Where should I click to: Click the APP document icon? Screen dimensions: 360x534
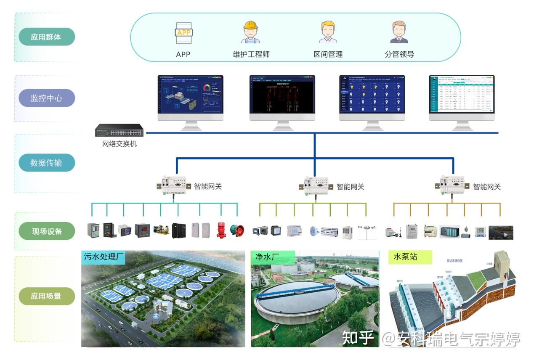[183, 33]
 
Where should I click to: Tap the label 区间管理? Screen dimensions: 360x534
[328, 54]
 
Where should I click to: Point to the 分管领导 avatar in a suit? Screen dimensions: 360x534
[399, 32]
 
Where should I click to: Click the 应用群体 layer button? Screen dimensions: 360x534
[46, 37]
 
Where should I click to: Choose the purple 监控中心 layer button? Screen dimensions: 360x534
[46, 98]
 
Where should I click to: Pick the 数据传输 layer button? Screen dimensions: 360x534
[46, 163]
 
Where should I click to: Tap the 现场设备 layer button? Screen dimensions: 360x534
[46, 231]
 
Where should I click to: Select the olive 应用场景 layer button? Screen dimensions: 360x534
[46, 296]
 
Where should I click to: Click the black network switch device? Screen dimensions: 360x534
[119, 130]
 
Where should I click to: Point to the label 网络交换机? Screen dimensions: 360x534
[120, 144]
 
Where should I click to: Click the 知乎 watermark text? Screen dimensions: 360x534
[358, 338]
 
